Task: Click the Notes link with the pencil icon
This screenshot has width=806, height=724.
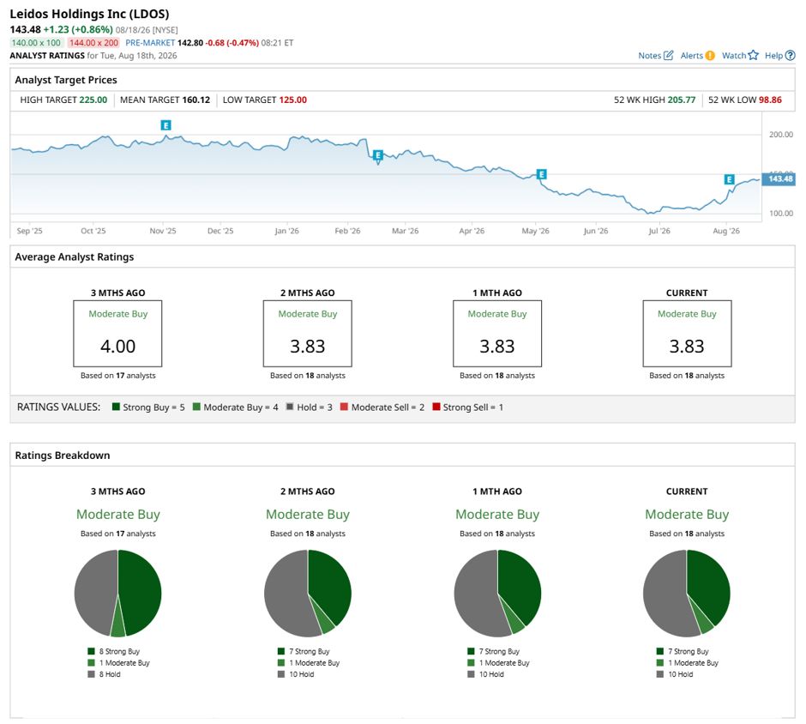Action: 655,56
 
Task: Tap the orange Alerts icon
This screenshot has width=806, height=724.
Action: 710,56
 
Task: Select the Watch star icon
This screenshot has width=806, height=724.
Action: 753,55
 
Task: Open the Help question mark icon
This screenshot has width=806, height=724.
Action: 791,56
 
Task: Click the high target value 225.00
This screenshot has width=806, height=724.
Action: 93,100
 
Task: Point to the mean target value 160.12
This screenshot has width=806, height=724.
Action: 195,100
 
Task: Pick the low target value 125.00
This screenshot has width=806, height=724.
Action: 293,100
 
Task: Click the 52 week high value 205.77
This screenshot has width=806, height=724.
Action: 682,100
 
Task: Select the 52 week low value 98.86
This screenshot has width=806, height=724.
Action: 770,100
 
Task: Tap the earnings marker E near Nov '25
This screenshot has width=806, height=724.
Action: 165,125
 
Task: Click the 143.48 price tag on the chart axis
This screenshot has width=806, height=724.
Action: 779,179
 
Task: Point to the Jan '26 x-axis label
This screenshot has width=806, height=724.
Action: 287,231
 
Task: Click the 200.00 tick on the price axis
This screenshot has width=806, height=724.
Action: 781,134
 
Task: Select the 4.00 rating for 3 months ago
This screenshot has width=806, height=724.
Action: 117,346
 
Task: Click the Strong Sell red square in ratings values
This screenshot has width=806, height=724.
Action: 436,407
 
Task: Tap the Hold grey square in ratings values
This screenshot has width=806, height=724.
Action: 290,407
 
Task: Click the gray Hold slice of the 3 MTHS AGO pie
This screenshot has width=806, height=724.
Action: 95,591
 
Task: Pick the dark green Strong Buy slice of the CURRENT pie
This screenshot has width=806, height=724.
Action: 709,583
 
